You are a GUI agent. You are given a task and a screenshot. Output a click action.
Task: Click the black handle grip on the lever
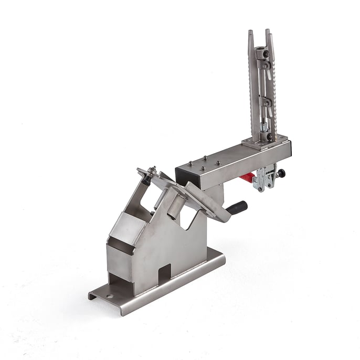[x=237, y=207]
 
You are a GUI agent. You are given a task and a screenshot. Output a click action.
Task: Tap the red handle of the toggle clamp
[x=247, y=178]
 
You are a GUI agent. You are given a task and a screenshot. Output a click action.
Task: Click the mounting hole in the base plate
[x=109, y=296]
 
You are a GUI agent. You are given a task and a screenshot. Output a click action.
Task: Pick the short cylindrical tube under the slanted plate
[x=175, y=205]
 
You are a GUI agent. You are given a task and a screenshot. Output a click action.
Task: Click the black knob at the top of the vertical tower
[x=267, y=54]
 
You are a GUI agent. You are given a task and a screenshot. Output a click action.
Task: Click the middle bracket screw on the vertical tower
[x=265, y=103]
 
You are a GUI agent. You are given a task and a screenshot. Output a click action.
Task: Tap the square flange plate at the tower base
[x=265, y=142]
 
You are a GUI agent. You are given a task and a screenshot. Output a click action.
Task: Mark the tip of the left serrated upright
[x=250, y=33]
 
